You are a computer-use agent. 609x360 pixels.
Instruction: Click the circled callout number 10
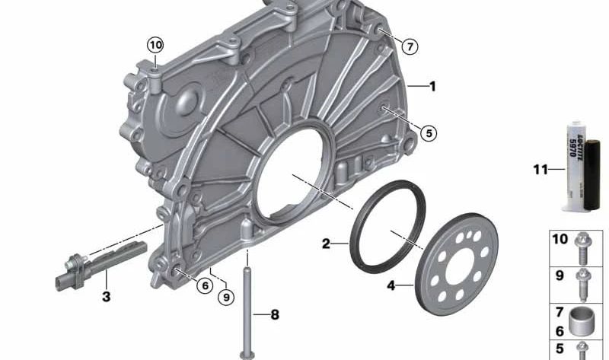155,46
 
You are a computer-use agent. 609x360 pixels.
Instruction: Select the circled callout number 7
410,47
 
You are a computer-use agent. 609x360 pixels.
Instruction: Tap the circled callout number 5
429,133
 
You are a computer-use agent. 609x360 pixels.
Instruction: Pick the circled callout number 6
205,286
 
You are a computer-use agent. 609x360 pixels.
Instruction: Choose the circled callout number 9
226,298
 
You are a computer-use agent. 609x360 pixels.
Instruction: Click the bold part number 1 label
432,86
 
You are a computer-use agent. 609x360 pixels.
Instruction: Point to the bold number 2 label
326,244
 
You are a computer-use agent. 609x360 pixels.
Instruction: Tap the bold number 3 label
106,297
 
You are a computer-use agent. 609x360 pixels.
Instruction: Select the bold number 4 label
391,286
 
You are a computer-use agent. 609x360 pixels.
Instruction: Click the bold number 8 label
275,314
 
